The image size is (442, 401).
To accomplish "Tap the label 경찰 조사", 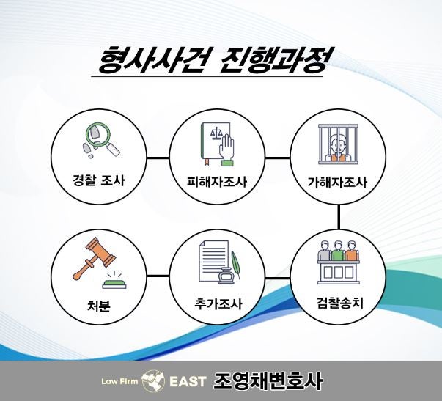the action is tap(99, 180).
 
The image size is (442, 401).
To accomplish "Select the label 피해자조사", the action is tap(217, 182).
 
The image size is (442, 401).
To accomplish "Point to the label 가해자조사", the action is tap(337, 182).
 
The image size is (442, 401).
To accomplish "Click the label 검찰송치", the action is tap(340, 303).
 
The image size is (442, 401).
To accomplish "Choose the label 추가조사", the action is tap(218, 304).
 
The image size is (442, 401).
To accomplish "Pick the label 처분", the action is tap(98, 306).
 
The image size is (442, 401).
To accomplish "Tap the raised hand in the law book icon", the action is tap(227, 150).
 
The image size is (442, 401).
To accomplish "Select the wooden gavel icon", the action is tap(94, 258).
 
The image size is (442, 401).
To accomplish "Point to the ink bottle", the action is tap(226, 275).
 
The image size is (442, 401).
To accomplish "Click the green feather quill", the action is tap(235, 265).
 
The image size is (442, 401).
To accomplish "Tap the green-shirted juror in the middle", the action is tap(338, 251).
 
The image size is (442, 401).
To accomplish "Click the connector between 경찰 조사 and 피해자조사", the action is tap(158, 158).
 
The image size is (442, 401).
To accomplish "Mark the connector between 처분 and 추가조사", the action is tap(158, 276).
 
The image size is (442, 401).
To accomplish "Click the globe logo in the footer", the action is tap(152, 381).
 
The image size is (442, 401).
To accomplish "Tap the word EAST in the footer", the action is tap(188, 382).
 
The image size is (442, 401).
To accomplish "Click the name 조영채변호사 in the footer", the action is tap(268, 381).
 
